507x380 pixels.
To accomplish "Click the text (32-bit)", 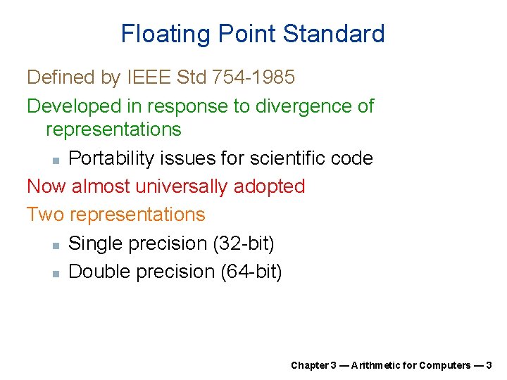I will click(243, 243).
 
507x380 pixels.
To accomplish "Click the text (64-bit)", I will click(251, 272).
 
